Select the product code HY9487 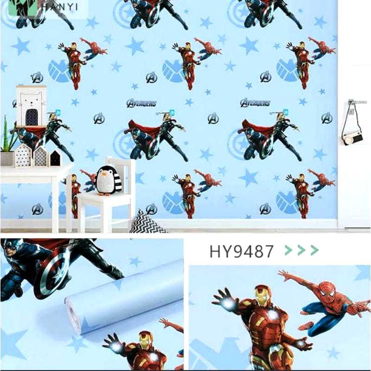point(241,251)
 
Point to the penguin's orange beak point(103,176)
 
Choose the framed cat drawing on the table point(31,108)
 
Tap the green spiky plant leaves point(6,137)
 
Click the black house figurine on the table point(55,158)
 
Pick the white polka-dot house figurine point(23,155)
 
